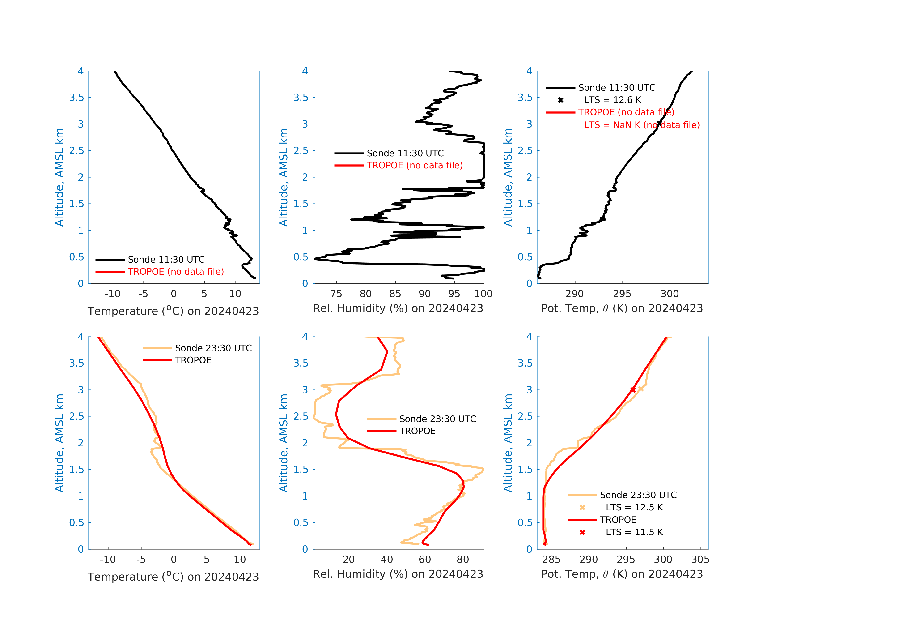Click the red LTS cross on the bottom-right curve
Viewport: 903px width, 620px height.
(x=633, y=389)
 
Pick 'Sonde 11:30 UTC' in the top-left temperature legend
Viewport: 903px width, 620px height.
(x=166, y=259)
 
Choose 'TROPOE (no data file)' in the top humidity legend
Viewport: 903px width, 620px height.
(x=415, y=166)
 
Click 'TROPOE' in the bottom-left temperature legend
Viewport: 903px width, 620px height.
(x=193, y=360)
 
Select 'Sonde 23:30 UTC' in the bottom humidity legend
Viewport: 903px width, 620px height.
(x=437, y=419)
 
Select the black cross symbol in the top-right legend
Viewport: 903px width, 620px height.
(x=561, y=100)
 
